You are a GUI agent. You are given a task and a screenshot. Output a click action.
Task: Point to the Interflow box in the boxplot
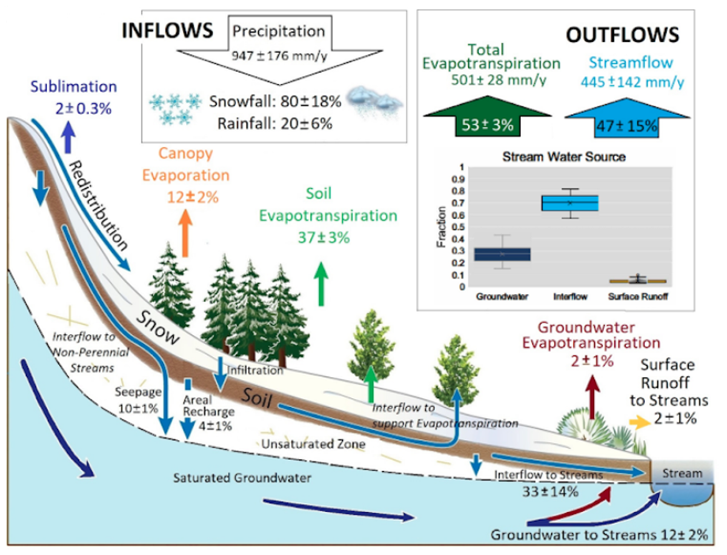click(x=569, y=204)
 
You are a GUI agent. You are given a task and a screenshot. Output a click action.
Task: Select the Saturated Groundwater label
click(x=242, y=478)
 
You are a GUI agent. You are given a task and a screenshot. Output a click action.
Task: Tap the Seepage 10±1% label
click(x=135, y=398)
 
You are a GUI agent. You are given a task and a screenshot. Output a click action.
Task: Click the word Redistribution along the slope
click(x=100, y=206)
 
